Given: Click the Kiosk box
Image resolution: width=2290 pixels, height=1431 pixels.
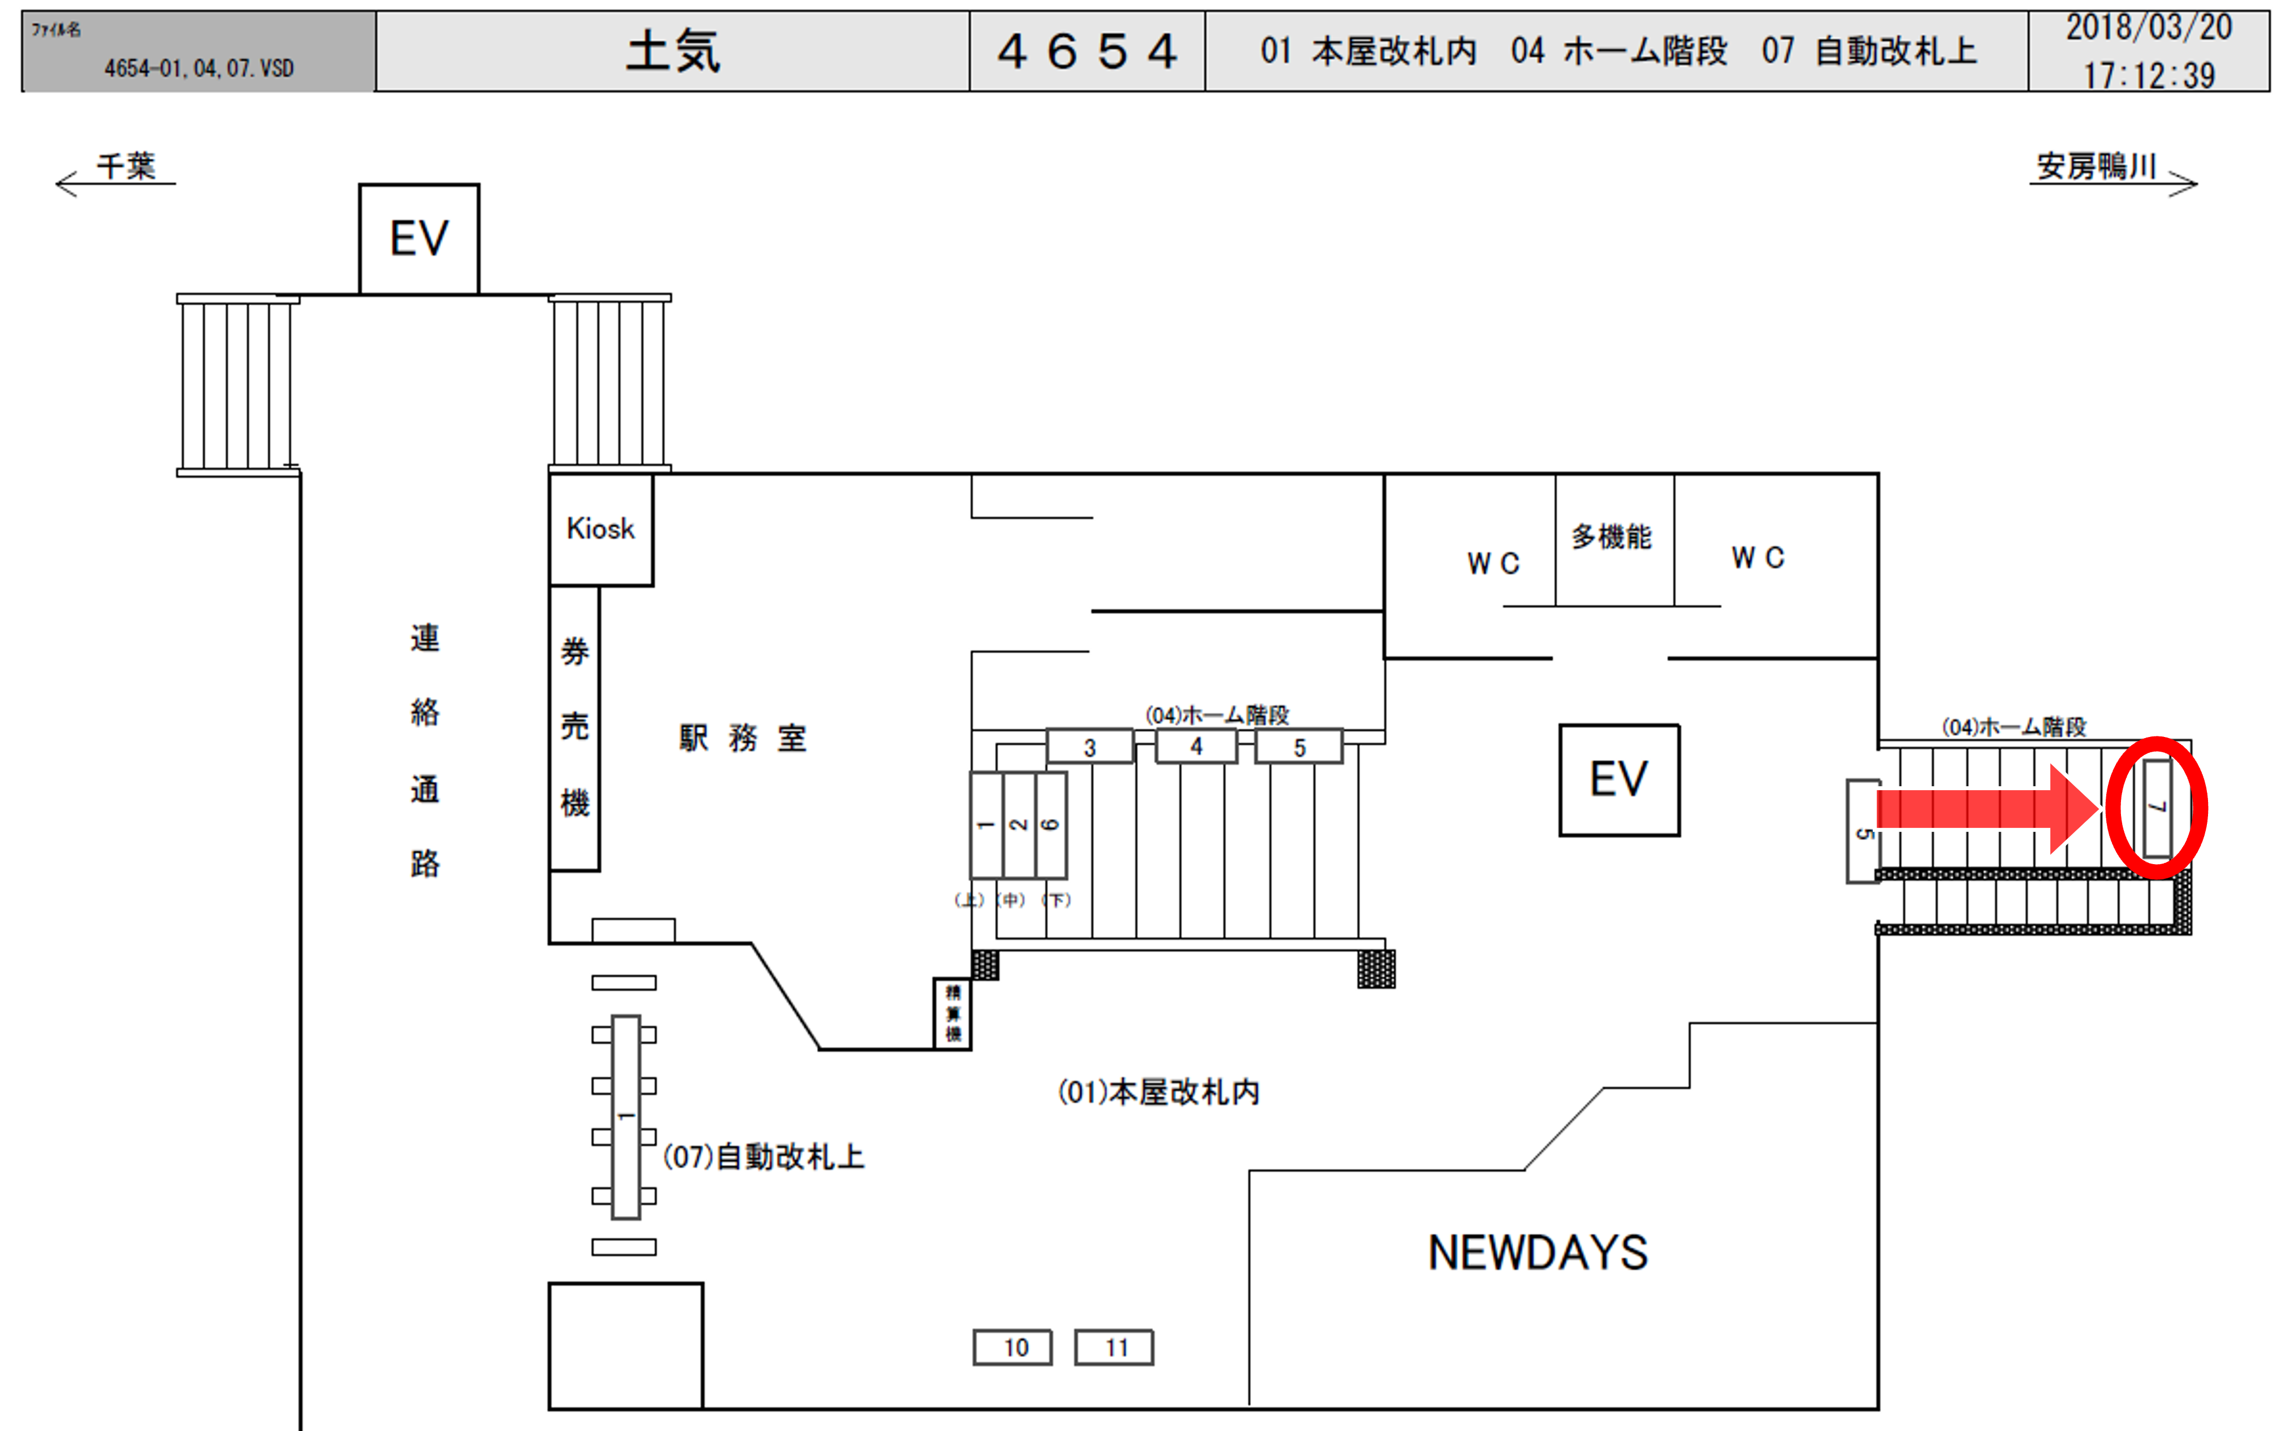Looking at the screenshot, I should pyautogui.click(x=600, y=529).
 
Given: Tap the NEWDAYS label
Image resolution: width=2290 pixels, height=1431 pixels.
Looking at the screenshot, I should pyautogui.click(x=1538, y=1252).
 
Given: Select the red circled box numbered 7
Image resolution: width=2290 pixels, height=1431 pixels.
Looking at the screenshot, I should pyautogui.click(x=2158, y=808).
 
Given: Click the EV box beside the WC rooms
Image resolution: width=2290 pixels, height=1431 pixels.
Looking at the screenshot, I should pyautogui.click(x=1619, y=780).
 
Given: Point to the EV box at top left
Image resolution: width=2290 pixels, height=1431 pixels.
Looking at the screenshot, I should pyautogui.click(x=418, y=238).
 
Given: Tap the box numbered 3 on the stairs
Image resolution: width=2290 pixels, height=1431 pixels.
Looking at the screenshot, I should pyautogui.click(x=1090, y=747).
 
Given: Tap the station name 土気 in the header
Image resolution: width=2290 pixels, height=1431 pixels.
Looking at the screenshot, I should pyautogui.click(x=673, y=51).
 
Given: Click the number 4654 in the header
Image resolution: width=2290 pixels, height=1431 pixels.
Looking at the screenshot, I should pyautogui.click(x=1087, y=51).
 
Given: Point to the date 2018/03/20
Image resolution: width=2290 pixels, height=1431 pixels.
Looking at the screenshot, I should pyautogui.click(x=2148, y=28).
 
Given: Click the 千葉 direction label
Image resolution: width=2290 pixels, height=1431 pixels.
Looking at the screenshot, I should pyautogui.click(x=126, y=167).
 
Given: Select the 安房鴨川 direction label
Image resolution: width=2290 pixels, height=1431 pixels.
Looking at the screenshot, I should pyautogui.click(x=2096, y=167).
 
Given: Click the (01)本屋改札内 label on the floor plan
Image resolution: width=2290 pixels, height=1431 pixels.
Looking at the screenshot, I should pyautogui.click(x=1159, y=1092).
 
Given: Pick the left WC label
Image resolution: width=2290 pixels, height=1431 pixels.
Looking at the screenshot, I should pyautogui.click(x=1493, y=563).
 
